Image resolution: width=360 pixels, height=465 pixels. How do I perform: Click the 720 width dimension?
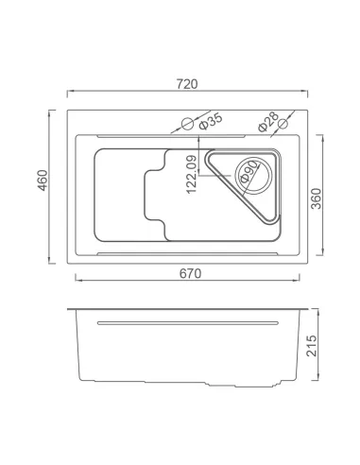[x=186, y=84]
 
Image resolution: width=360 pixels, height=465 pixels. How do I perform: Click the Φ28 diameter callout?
[x=268, y=121]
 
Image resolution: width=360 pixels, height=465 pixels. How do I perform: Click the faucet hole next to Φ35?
[x=187, y=123]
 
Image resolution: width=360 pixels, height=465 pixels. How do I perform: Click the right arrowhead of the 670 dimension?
[x=301, y=281]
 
